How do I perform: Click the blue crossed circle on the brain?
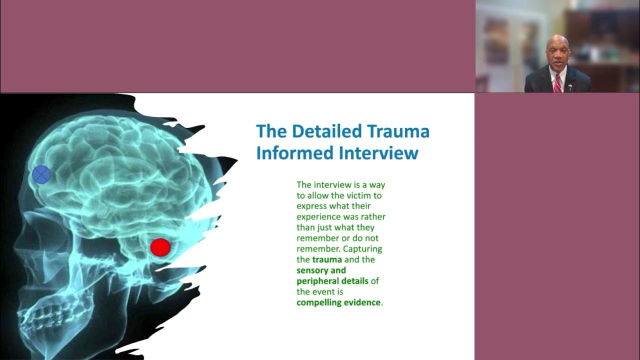(x=41, y=174)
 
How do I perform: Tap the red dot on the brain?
(x=160, y=247)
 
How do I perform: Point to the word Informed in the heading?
(x=294, y=152)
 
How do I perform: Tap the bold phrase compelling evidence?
(x=338, y=302)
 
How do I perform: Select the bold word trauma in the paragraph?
(x=327, y=259)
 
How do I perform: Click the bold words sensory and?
(x=321, y=270)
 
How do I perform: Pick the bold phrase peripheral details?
(x=332, y=281)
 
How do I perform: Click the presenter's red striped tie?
(x=557, y=83)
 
